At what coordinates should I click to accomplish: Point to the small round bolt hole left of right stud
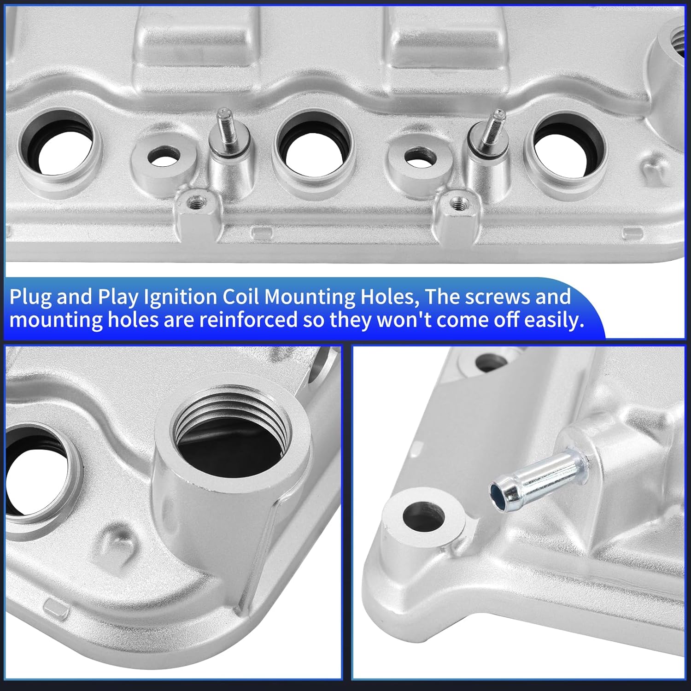(x=420, y=157)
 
